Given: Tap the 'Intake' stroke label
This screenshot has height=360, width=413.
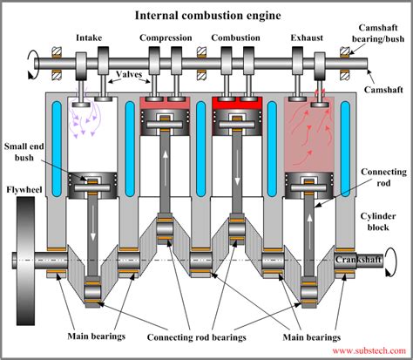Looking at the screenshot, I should tap(90, 37).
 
